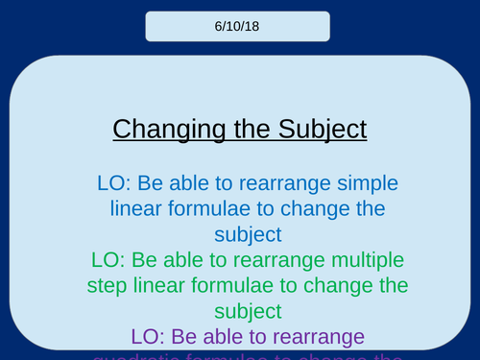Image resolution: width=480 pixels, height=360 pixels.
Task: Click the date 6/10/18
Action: (237, 26)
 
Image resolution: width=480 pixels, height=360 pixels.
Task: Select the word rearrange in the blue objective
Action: (268, 181)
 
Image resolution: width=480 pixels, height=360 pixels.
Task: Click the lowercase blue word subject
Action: (240, 233)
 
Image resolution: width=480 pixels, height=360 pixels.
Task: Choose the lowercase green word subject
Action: (240, 311)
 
